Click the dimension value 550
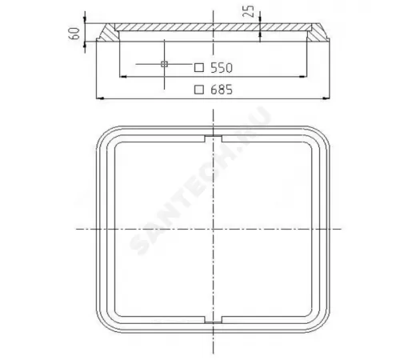pyautogui.click(x=222, y=68)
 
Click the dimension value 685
pyautogui.click(x=222, y=90)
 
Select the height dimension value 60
pyautogui.click(x=74, y=34)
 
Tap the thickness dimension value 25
pyautogui.click(x=249, y=11)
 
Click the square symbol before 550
pyautogui.click(x=199, y=67)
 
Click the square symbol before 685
pyautogui.click(x=199, y=90)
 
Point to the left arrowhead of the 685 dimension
pyautogui.click(x=100, y=98)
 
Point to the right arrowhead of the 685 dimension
pyautogui.click(x=326, y=98)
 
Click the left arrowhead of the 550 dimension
pyautogui.click(x=122, y=77)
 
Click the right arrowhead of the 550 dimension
pyautogui.click(x=303, y=77)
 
